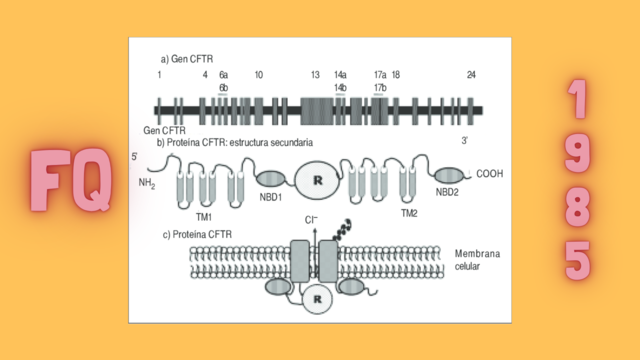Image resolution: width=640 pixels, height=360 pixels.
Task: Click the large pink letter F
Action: [49, 182]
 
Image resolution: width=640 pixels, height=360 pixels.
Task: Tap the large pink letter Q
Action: [89, 182]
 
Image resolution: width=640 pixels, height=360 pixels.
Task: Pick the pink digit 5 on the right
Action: [577, 261]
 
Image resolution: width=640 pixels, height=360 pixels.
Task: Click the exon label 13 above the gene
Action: [315, 75]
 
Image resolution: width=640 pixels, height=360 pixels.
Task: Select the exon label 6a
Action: [224, 75]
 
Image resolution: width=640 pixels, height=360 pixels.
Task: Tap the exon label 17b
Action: [380, 87]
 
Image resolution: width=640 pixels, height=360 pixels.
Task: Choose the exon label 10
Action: [258, 75]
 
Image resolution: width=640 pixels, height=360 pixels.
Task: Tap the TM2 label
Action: [409, 213]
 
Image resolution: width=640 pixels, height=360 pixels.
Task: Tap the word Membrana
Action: [477, 254]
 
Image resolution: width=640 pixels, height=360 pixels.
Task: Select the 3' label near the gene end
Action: [466, 142]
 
